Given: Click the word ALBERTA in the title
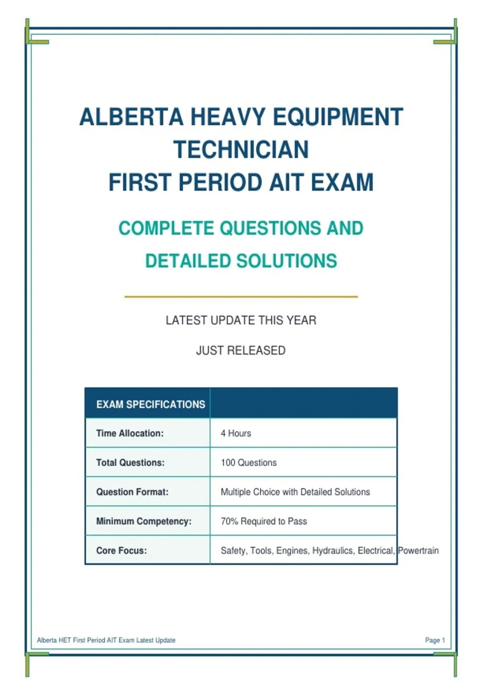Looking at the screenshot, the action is (131, 117).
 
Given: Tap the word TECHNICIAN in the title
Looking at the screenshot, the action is (241, 149).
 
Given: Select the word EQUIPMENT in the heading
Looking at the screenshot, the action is (338, 117).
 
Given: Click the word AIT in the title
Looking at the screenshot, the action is (286, 182).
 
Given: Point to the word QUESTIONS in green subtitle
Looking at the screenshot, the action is (270, 228).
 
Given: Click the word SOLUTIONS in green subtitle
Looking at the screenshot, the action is (286, 261).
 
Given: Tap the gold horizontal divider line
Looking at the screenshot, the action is (241, 297).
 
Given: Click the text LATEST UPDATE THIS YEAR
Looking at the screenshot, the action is (241, 321).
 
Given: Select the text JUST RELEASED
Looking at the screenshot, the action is (241, 351).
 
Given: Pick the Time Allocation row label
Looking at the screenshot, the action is (130, 433).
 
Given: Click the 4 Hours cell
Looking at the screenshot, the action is (236, 433).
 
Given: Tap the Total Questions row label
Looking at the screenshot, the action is (131, 462).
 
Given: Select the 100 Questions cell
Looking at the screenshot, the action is (249, 462).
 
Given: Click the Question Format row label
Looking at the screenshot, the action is (132, 492).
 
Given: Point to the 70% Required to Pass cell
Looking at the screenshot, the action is (264, 521).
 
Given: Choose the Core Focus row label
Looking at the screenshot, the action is (122, 550).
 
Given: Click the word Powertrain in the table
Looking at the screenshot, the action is (419, 550).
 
